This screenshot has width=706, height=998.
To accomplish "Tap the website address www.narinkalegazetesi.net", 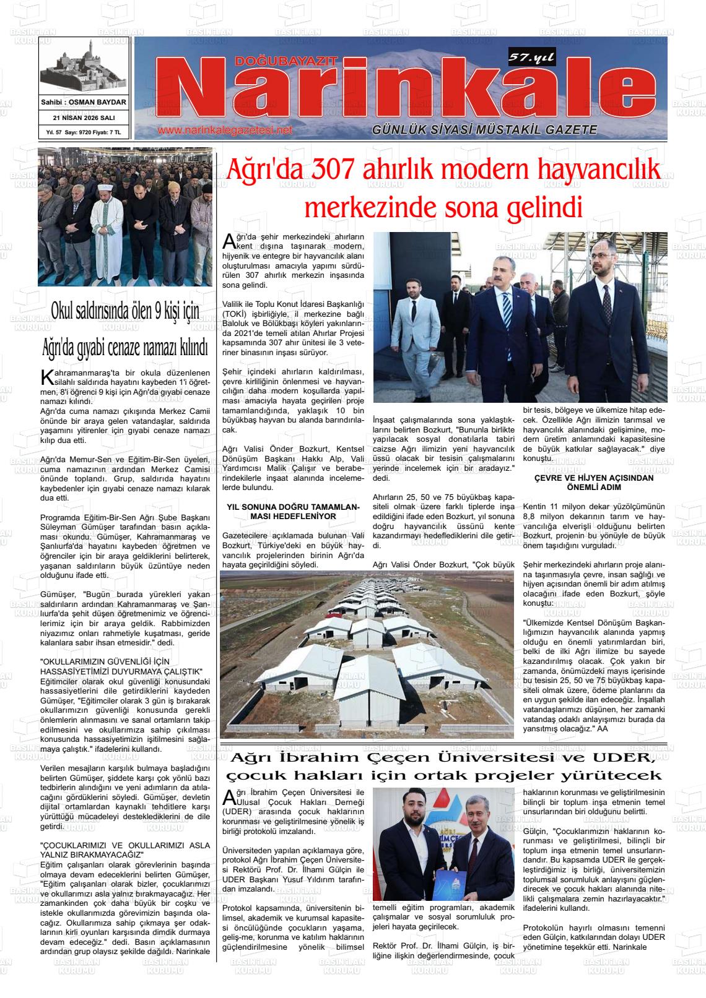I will pos(224,131).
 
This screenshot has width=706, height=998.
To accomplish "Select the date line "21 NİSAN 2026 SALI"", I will pos(84,118).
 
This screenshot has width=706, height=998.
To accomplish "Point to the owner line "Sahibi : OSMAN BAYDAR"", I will pos(84,102).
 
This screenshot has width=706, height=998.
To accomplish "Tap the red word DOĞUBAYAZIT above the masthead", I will pos(286,61).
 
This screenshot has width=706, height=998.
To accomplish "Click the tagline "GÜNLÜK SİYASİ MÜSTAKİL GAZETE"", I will pos(484,130).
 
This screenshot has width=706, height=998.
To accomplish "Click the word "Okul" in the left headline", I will pos(66,311).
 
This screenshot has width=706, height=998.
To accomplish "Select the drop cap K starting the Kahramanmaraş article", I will pos(45,377).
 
